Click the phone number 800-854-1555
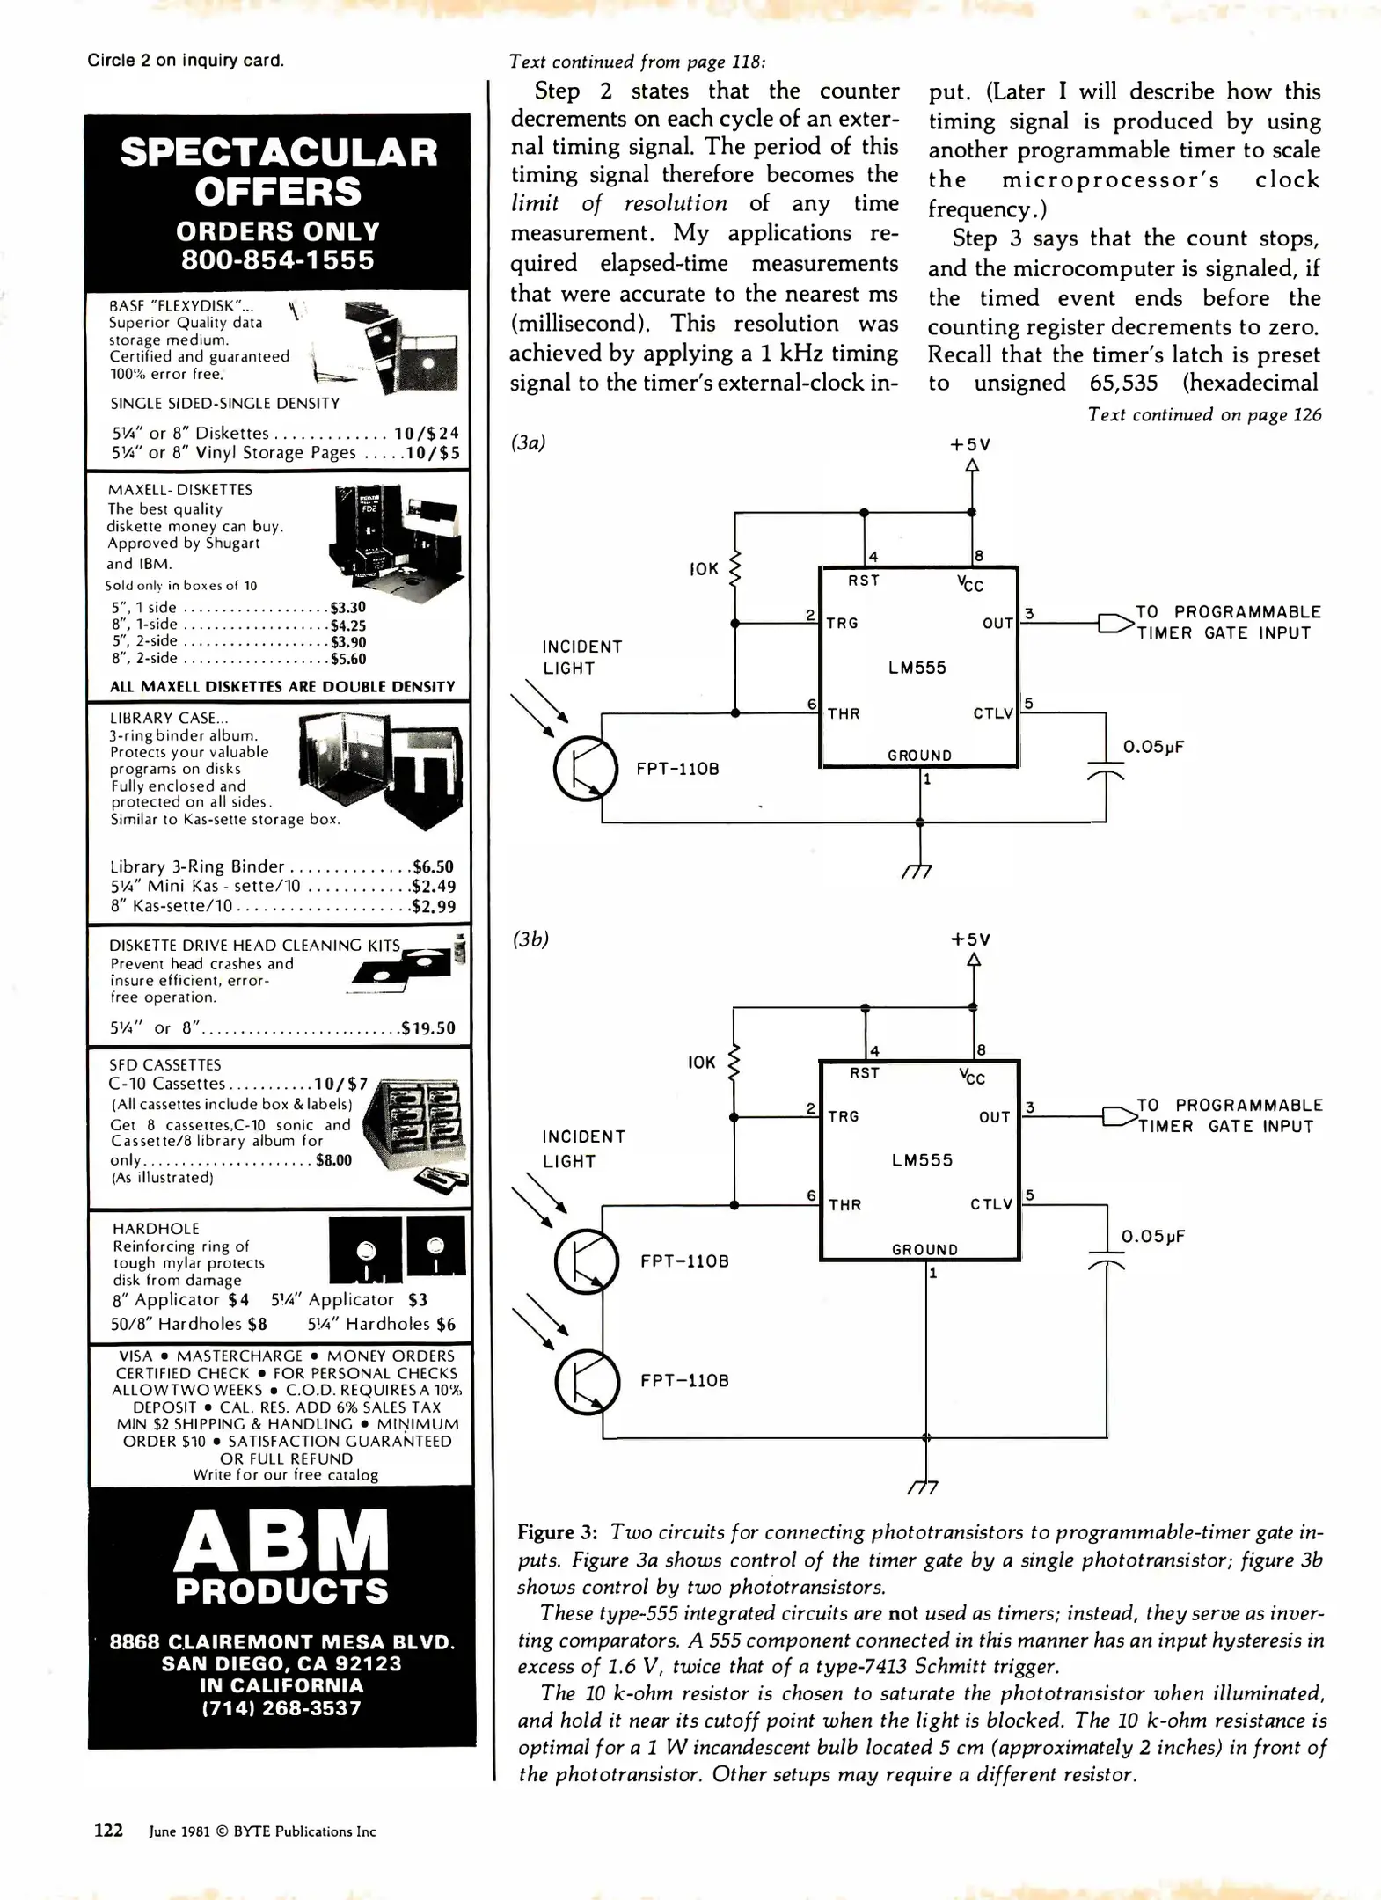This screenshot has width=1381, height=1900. click(x=278, y=260)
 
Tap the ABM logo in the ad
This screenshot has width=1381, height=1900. click(x=281, y=1541)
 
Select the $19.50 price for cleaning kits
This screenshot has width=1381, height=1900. click(x=428, y=1028)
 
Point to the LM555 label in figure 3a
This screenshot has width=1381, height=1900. click(x=917, y=668)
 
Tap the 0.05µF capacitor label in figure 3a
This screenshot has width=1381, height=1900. click(x=1153, y=748)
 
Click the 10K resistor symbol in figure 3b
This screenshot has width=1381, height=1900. click(x=735, y=1062)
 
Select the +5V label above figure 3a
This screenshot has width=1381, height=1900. click(x=971, y=445)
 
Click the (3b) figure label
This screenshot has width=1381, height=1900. click(x=530, y=939)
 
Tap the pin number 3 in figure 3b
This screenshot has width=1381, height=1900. click(x=1029, y=1107)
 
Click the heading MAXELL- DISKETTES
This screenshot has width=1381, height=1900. click(x=179, y=490)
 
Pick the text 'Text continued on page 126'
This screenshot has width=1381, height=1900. click(x=1204, y=415)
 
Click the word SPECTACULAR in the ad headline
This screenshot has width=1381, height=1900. click(x=279, y=153)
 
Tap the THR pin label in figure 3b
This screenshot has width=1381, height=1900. click(x=844, y=1205)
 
